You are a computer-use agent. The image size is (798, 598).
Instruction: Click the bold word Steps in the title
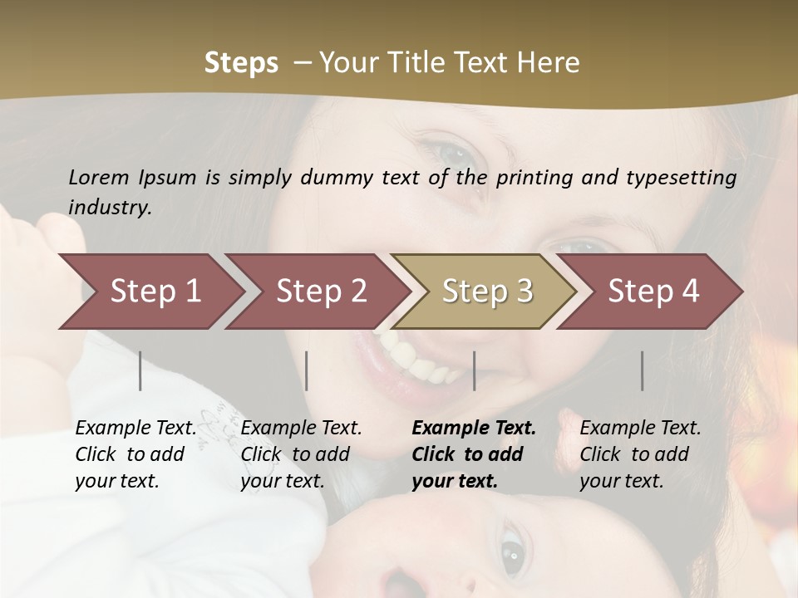[241, 63]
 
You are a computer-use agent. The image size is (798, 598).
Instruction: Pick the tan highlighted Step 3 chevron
[485, 291]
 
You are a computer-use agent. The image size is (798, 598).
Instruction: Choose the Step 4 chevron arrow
[652, 291]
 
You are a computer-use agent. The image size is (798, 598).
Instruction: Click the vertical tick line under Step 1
[140, 370]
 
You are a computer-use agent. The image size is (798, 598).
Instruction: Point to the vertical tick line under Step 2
[307, 370]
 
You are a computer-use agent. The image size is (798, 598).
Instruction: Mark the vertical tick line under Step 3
[474, 370]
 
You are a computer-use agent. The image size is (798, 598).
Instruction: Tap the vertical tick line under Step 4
[643, 370]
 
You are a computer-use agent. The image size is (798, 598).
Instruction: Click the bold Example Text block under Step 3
[474, 454]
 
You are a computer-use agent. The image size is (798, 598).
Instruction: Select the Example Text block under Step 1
[135, 454]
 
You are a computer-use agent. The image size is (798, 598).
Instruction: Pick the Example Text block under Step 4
[640, 454]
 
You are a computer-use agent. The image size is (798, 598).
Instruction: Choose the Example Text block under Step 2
[301, 454]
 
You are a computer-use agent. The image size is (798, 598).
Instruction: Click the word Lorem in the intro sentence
[99, 177]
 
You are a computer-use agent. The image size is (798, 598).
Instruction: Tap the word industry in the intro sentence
[110, 207]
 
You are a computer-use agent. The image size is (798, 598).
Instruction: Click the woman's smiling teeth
[416, 357]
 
